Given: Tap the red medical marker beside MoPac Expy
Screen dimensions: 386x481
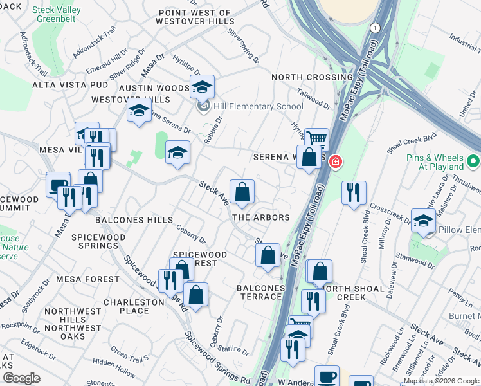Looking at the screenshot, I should click(x=335, y=161).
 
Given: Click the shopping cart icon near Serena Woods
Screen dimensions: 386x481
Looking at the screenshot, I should click(x=316, y=138).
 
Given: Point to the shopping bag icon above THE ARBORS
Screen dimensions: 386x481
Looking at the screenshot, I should click(x=242, y=191).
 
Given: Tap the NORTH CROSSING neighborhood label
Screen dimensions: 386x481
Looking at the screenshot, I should click(x=312, y=77).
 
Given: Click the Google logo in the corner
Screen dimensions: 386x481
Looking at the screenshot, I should click(x=21, y=378).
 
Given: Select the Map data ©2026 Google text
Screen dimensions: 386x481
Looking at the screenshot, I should click(x=441, y=381).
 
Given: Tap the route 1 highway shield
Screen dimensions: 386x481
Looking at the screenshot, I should click(x=375, y=28).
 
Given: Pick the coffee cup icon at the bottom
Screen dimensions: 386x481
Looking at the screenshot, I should click(x=327, y=376).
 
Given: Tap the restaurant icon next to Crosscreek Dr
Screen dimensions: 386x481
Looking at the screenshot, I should click(x=354, y=192).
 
